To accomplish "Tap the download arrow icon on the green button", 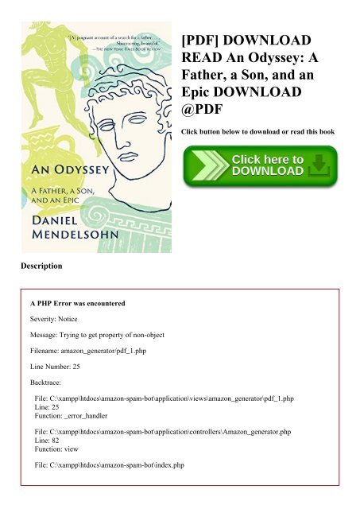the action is coord(317,166).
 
